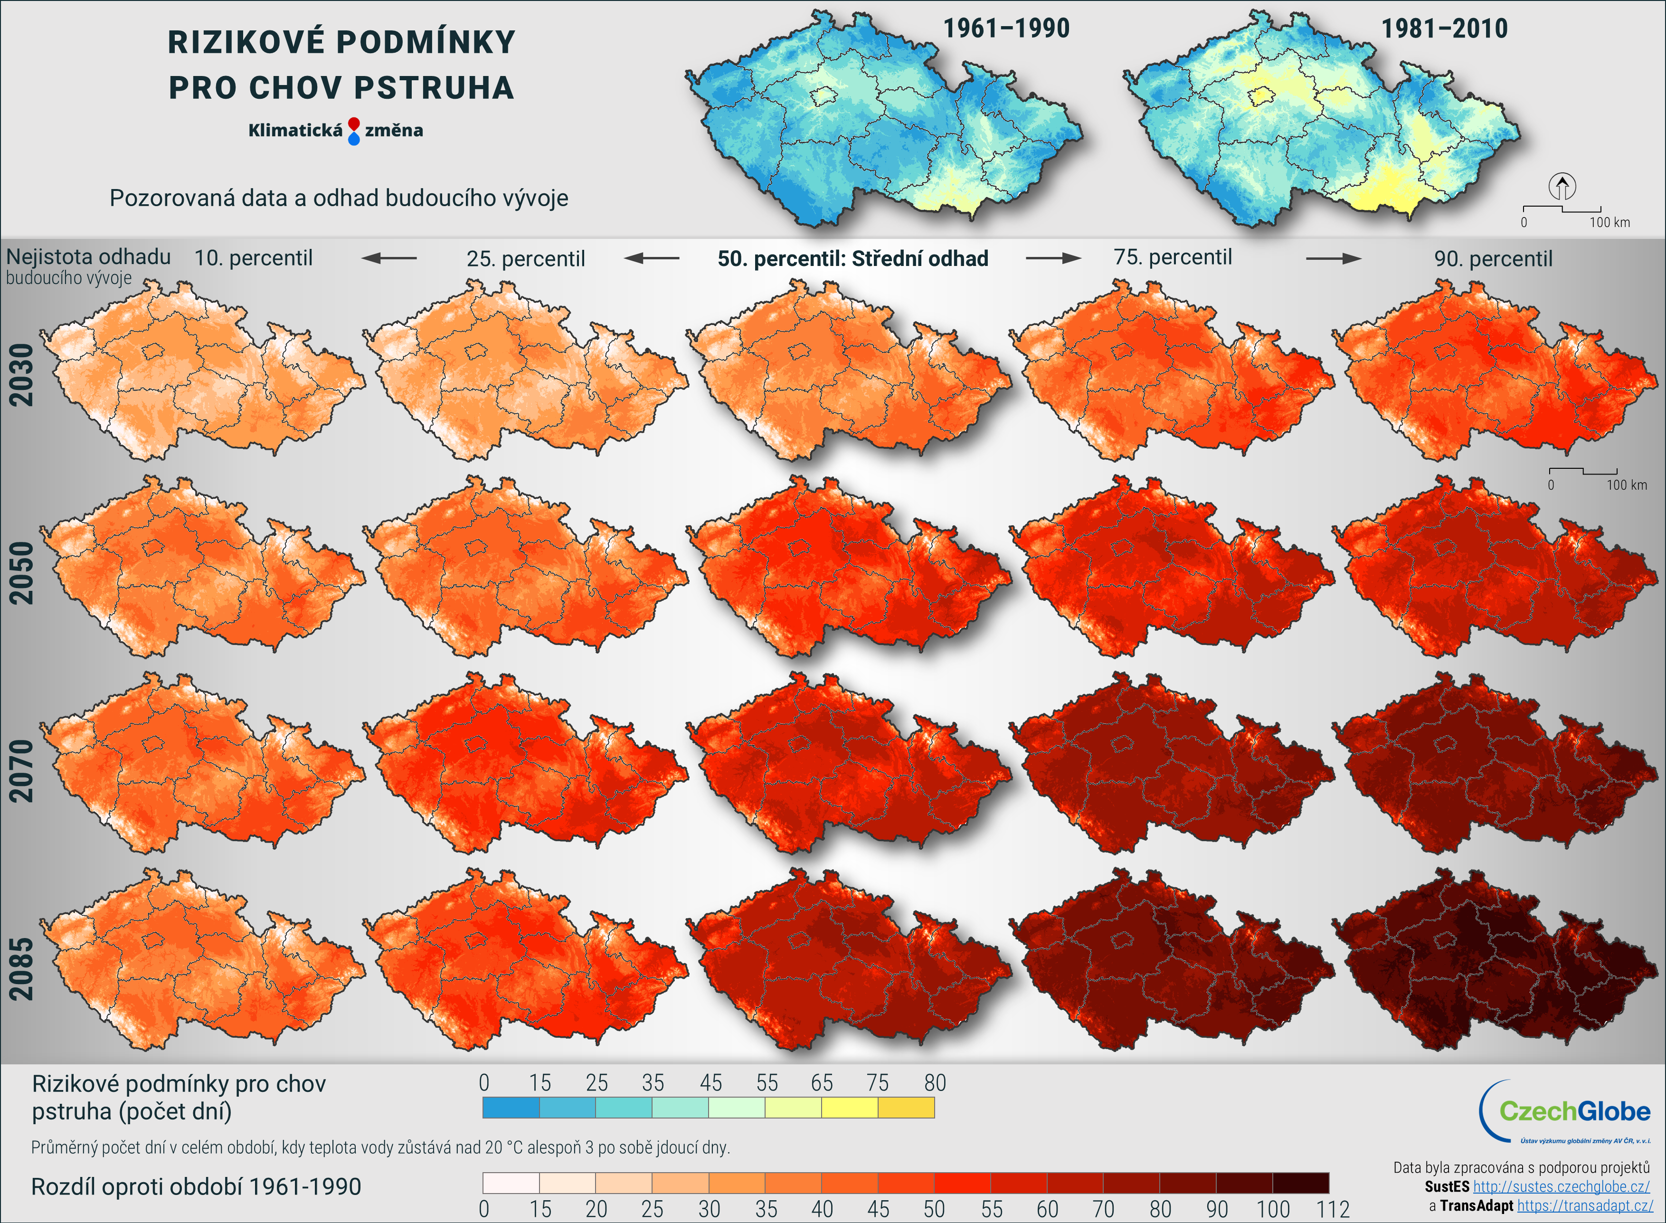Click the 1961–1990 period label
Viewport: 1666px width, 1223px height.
(x=1006, y=29)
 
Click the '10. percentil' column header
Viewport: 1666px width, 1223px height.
(x=253, y=258)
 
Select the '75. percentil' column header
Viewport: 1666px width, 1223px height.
(x=1173, y=257)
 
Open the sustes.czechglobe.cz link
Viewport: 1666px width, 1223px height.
(x=1561, y=1187)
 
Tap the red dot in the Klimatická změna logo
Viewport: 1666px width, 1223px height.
(x=354, y=123)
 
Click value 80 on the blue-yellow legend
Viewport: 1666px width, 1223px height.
(x=935, y=1083)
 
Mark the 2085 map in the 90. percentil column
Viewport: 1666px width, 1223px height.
(x=1495, y=959)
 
